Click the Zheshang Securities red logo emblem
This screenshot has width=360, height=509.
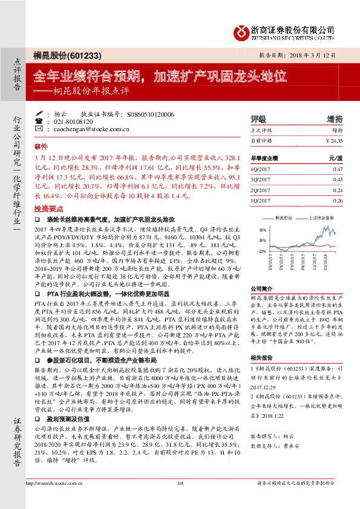241,31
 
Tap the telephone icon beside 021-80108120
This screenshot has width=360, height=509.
40,121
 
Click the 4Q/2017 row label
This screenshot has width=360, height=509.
260,170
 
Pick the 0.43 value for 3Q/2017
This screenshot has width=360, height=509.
338,180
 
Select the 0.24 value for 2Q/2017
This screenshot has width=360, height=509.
338,189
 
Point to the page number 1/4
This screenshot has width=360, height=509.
180,499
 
